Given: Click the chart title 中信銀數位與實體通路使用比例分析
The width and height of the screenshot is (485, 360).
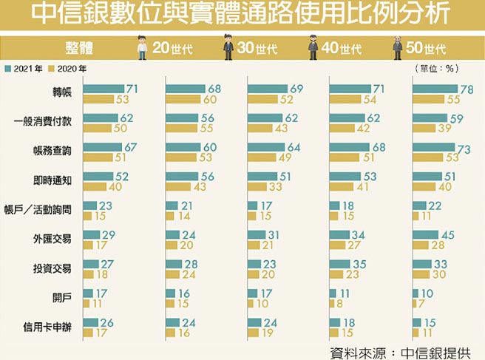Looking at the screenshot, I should coord(242,16).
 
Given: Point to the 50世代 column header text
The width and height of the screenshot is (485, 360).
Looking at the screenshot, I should coord(427,50).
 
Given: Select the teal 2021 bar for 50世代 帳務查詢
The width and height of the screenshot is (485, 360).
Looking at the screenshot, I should coord(434,147).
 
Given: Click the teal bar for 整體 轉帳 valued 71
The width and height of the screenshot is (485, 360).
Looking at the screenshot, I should coord(103,89).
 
